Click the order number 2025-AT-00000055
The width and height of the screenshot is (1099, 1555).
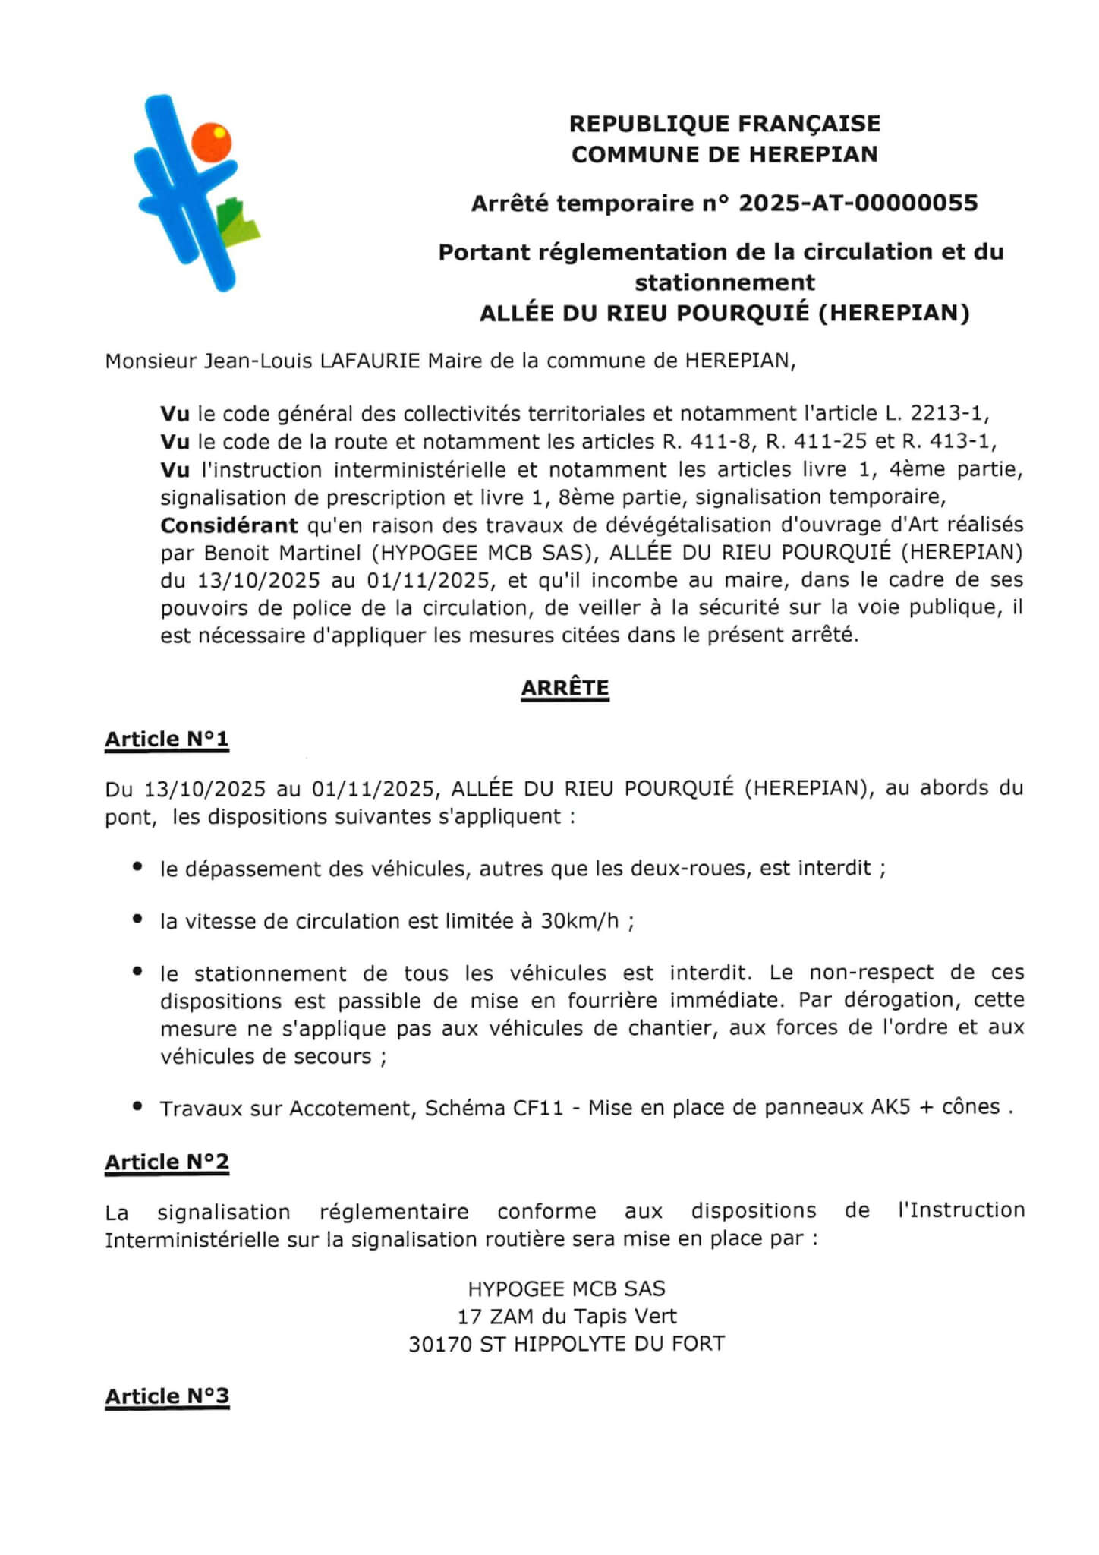(x=858, y=203)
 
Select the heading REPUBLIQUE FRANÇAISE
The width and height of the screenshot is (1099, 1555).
(x=724, y=123)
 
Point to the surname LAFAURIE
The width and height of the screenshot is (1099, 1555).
(x=370, y=361)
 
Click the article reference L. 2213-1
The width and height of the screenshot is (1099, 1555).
(x=937, y=414)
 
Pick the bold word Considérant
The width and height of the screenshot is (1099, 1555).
(x=228, y=525)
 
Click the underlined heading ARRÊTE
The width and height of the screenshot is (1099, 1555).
(x=565, y=688)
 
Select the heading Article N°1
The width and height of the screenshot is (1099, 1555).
(x=166, y=739)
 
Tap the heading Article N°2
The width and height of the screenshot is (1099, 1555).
(x=166, y=1162)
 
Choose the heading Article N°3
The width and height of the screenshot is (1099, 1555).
(x=166, y=1396)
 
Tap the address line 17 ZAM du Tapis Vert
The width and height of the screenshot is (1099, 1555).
(x=566, y=1317)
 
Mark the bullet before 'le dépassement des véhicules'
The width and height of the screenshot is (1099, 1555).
(x=137, y=866)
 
